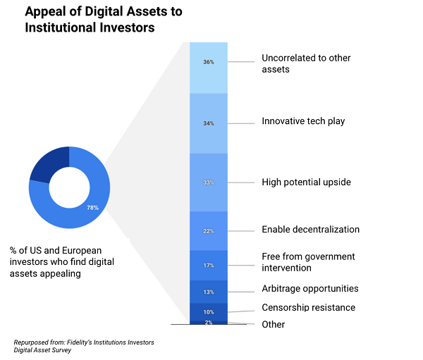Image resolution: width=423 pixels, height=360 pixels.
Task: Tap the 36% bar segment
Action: pyautogui.click(x=208, y=67)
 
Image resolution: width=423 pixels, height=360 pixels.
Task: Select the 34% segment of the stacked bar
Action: pyautogui.click(x=208, y=123)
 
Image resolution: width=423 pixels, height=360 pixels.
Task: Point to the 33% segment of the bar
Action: pyautogui.click(x=208, y=182)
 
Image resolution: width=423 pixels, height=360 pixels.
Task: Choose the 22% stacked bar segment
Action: pyautogui.click(x=208, y=230)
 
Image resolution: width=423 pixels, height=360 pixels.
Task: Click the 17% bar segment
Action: pyautogui.click(x=208, y=266)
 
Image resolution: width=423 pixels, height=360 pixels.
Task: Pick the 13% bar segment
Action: pyautogui.click(x=208, y=292)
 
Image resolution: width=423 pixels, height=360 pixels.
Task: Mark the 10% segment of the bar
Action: pyautogui.click(x=208, y=311)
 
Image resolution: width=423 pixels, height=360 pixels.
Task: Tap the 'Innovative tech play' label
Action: pyautogui.click(x=303, y=121)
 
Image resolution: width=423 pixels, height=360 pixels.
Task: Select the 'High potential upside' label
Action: pyautogui.click(x=306, y=182)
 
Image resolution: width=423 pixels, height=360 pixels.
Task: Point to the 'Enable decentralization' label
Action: pyautogui.click(x=310, y=230)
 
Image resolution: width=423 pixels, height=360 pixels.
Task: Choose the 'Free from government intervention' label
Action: pyautogui.click(x=308, y=262)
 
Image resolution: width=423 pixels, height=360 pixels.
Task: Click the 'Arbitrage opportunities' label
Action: pyautogui.click(x=309, y=288)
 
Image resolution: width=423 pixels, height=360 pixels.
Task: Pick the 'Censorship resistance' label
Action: pyautogui.click(x=308, y=307)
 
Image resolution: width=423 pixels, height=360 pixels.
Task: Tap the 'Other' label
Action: pyautogui.click(x=274, y=324)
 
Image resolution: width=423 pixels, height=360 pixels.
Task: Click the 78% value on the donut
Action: pyautogui.click(x=92, y=208)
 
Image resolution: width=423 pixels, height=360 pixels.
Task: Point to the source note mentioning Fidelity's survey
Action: pyautogui.click(x=83, y=346)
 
